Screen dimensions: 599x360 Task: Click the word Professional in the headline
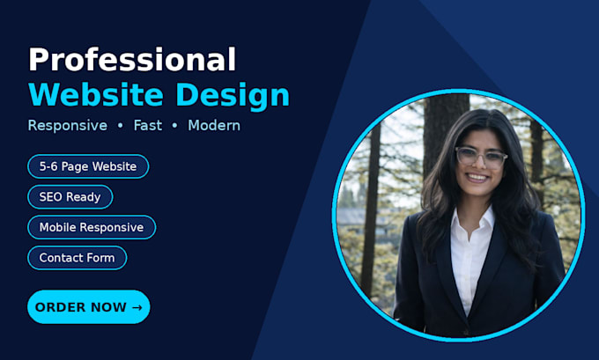[132, 60]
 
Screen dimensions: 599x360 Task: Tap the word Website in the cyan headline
[96, 95]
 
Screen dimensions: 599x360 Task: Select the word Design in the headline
[233, 95]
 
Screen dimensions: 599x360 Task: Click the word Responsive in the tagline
[68, 126]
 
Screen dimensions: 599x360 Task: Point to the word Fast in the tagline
[147, 125]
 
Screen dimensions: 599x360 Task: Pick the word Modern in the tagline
[214, 125]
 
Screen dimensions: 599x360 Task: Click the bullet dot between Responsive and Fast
[121, 125]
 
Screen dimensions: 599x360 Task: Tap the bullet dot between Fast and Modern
[174, 125]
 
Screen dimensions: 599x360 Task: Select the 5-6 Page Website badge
[88, 166]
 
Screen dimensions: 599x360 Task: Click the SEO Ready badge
[70, 197]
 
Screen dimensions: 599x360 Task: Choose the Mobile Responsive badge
[92, 227]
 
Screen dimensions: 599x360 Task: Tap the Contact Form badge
[78, 258]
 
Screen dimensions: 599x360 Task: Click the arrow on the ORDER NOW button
[137, 307]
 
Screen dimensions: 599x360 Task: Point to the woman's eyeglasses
[481, 157]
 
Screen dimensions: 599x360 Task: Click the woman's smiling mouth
[477, 178]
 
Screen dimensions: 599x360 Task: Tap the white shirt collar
[472, 219]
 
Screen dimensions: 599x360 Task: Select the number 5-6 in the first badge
[48, 166]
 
